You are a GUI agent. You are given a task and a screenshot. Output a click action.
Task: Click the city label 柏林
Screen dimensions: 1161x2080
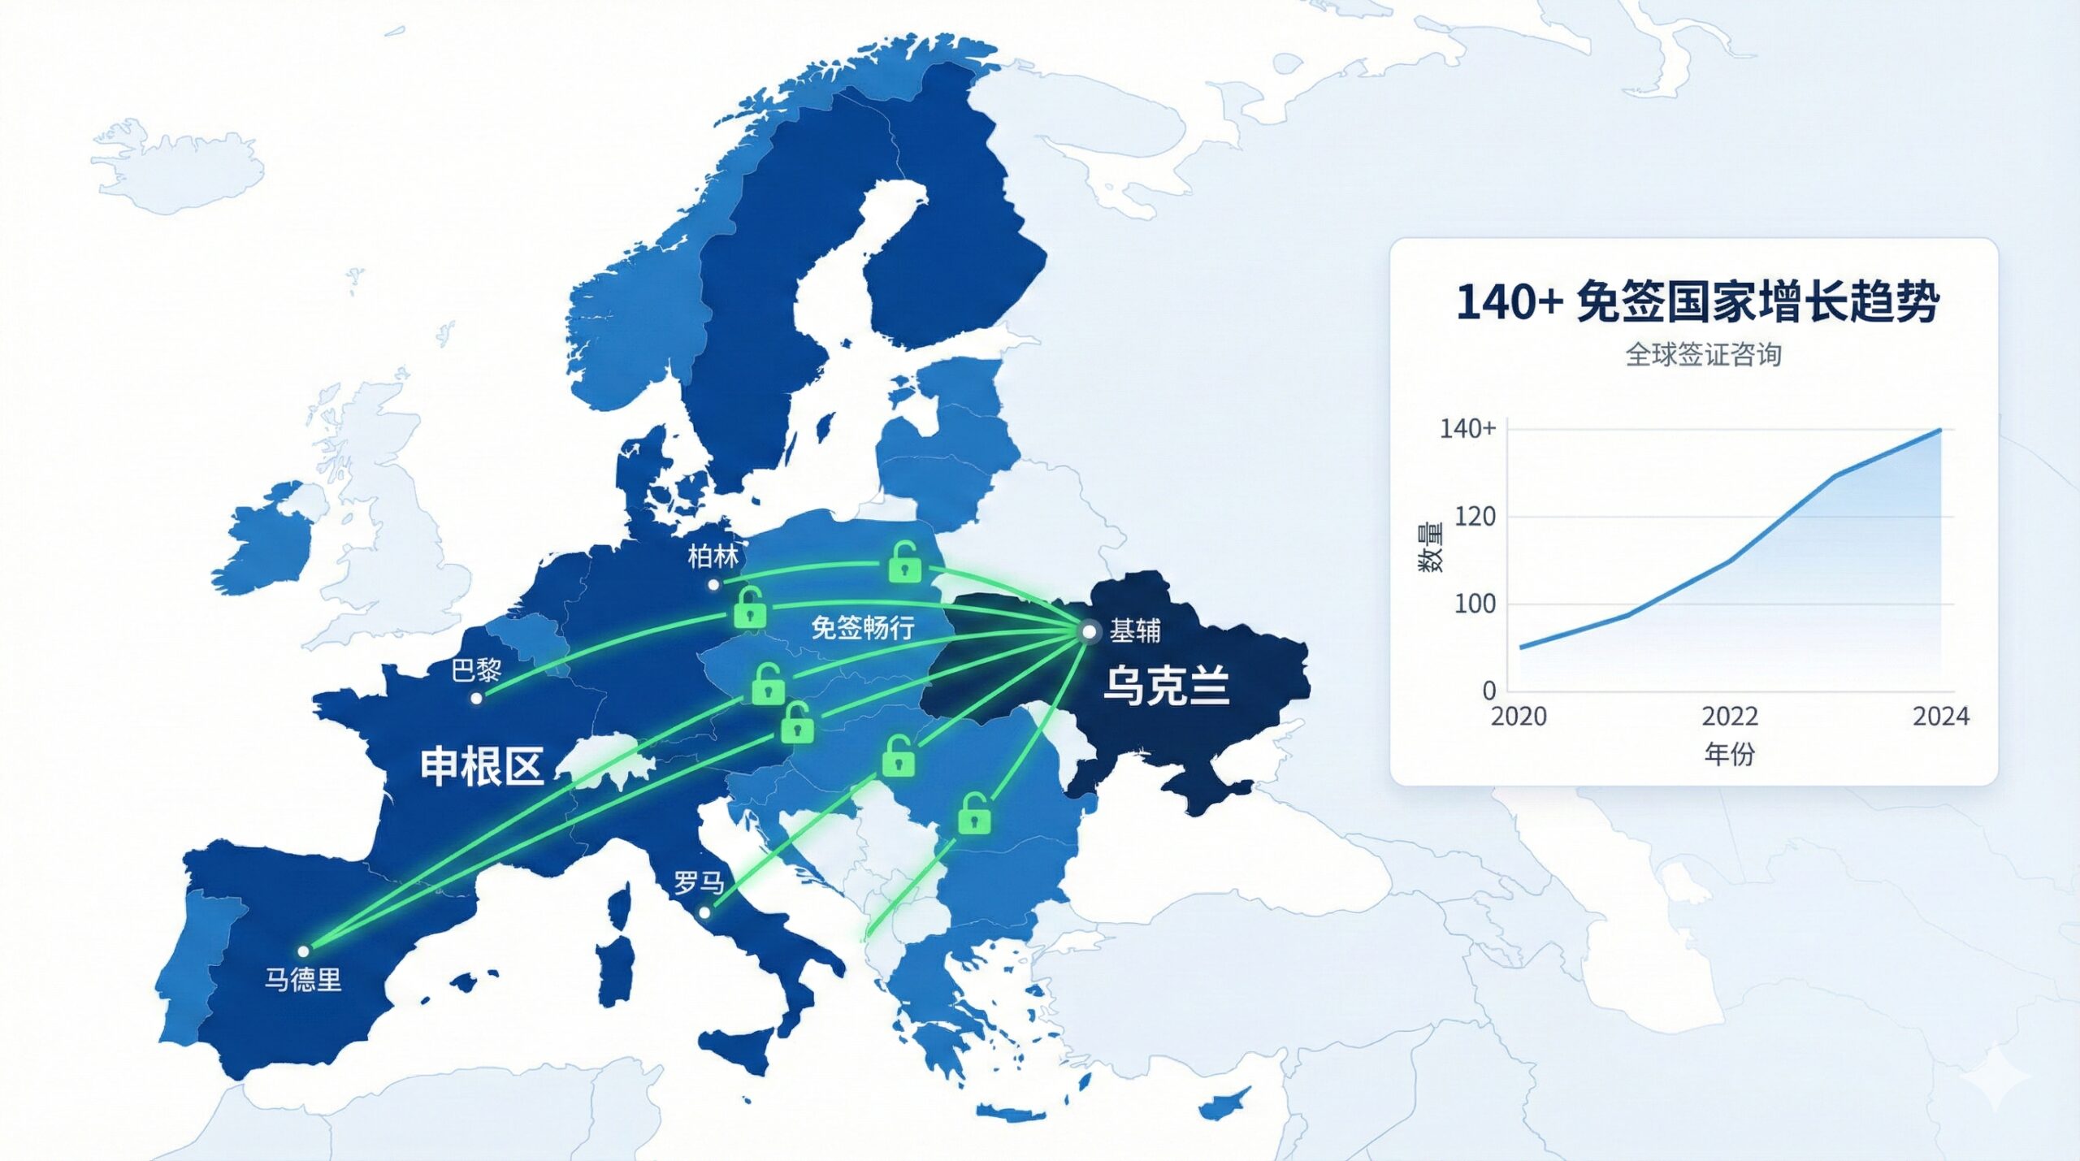[713, 557]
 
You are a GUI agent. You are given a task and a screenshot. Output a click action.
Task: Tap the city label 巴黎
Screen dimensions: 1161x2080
[476, 670]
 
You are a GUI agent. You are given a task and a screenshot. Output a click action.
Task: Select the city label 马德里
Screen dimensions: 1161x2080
[302, 979]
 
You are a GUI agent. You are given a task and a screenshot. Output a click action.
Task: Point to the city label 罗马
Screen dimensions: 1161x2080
[698, 882]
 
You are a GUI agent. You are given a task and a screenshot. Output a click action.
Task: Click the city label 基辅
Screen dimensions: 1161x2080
[1135, 630]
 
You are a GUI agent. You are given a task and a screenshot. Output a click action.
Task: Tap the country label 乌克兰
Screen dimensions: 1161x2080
[1166, 685]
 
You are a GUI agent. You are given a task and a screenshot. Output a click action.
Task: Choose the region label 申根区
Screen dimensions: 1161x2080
[482, 766]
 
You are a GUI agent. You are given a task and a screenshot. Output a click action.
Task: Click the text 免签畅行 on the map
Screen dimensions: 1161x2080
[863, 627]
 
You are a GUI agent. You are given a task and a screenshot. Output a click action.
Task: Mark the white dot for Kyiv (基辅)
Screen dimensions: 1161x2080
[1089, 631]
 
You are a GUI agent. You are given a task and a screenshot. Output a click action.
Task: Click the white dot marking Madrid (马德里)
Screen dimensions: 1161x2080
[303, 951]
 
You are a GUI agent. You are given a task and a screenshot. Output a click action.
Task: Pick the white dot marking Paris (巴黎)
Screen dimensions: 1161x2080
[477, 698]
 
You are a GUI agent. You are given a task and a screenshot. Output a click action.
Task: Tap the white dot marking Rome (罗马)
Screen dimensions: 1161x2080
[704, 912]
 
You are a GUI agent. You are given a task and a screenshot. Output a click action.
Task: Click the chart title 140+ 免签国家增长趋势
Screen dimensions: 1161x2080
[1697, 302]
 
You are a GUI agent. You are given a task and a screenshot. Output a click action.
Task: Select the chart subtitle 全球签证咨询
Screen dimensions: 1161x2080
[1703, 354]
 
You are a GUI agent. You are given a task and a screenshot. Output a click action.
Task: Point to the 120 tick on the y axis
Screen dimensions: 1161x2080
[1475, 516]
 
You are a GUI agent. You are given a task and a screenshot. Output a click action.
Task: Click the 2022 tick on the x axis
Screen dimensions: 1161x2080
[1730, 716]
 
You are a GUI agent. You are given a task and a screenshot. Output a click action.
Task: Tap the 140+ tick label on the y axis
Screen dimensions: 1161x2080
[1467, 428]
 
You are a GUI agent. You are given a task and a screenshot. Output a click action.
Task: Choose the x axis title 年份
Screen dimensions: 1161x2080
[1729, 754]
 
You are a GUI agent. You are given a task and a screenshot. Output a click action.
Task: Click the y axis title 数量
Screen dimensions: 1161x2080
[1431, 548]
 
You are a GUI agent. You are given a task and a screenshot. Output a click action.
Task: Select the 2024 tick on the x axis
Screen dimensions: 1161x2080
[1940, 716]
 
